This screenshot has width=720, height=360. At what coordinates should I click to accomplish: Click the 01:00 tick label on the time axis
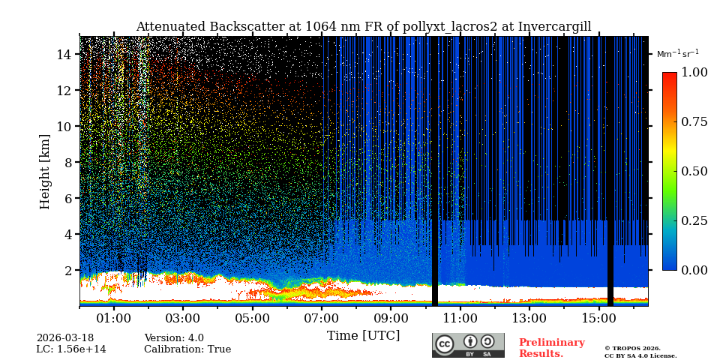114,318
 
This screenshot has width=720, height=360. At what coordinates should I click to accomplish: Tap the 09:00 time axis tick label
391,318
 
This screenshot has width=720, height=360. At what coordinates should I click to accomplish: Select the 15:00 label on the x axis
598,318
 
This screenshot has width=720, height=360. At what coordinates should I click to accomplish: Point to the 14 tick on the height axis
64,55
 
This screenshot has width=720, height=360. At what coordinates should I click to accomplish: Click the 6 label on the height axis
67,199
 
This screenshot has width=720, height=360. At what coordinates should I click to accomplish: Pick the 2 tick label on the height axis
67,271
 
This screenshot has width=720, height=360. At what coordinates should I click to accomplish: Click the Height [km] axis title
45,171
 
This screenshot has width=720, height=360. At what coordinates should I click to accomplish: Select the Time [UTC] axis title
363,336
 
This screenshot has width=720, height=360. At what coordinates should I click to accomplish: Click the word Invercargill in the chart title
547,27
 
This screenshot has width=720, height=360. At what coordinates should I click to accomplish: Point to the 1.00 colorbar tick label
694,73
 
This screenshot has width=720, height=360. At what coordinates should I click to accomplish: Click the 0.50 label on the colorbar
694,171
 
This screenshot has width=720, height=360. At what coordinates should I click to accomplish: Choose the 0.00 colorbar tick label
694,270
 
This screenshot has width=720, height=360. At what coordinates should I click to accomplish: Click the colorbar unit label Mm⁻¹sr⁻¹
677,54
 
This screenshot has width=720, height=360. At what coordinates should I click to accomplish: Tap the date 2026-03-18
65,338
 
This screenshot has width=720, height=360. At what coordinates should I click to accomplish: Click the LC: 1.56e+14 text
71,349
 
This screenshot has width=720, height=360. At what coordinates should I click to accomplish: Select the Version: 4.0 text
174,338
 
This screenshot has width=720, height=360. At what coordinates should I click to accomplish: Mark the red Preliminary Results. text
551,348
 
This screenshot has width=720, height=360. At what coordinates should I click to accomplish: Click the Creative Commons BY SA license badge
468,345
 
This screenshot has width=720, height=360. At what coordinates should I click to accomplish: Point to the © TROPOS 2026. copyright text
632,348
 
